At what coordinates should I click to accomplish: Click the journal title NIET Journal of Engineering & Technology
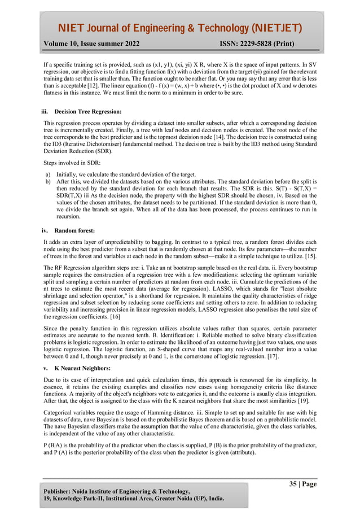click(179, 28)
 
